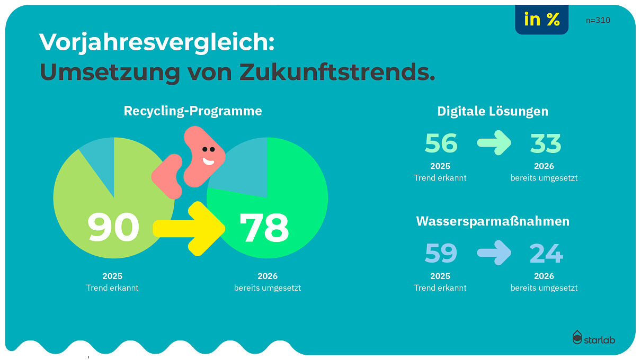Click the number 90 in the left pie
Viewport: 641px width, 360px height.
pyautogui.click(x=113, y=227)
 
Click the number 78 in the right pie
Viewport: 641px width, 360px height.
pyautogui.click(x=264, y=227)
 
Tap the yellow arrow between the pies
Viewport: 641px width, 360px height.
pyautogui.click(x=191, y=228)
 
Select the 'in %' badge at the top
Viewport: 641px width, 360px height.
pyautogui.click(x=541, y=20)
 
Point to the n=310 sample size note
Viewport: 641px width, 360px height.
pyautogui.click(x=598, y=20)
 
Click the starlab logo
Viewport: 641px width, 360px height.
pyautogui.click(x=593, y=338)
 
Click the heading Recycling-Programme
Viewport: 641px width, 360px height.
pyautogui.click(x=193, y=111)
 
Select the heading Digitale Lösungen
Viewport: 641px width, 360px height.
pyautogui.click(x=493, y=111)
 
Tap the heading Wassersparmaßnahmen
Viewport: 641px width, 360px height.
pyautogui.click(x=493, y=221)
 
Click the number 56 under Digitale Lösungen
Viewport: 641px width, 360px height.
pyautogui.click(x=441, y=143)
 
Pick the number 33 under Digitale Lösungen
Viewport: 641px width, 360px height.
pyautogui.click(x=546, y=143)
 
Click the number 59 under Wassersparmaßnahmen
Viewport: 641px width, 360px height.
pyautogui.click(x=441, y=254)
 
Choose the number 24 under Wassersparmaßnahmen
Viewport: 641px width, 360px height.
pyautogui.click(x=546, y=254)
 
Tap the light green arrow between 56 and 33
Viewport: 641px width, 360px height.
pyautogui.click(x=494, y=143)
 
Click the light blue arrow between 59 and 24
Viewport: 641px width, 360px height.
pyautogui.click(x=494, y=253)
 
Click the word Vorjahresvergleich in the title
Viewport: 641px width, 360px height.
pyautogui.click(x=157, y=42)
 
